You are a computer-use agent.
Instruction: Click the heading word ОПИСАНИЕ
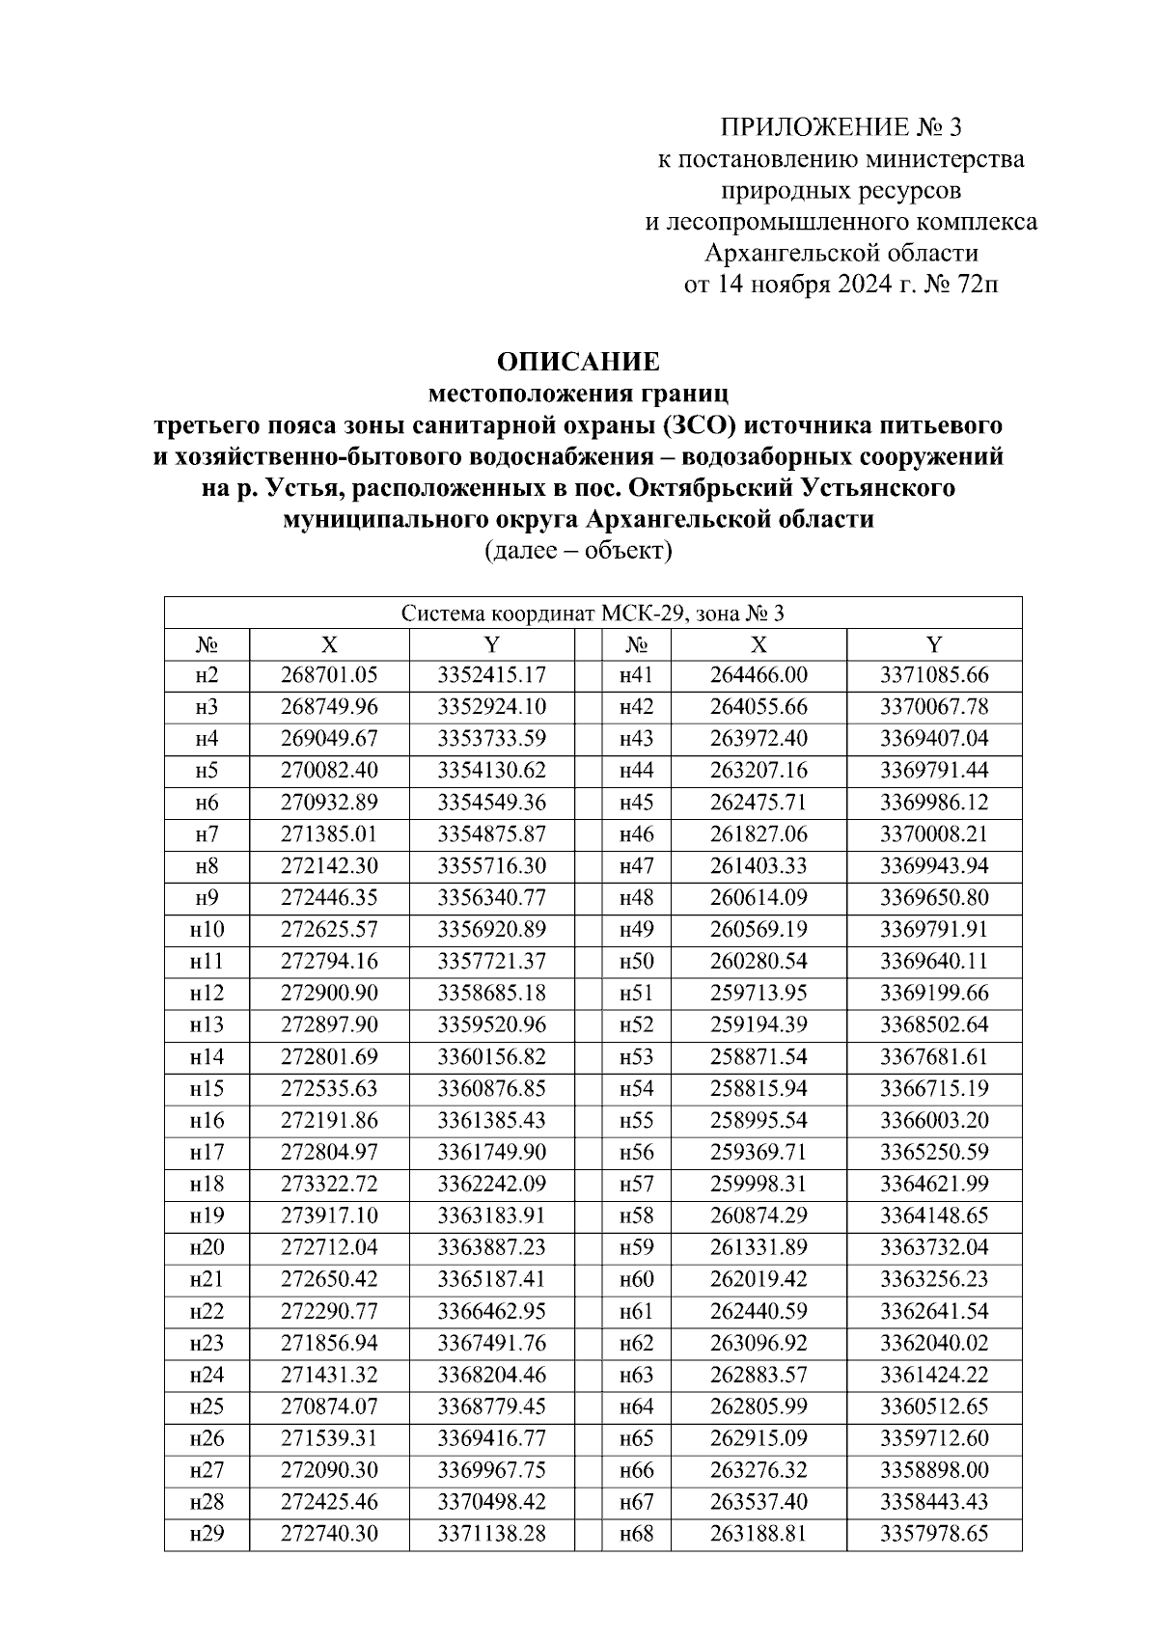(578, 363)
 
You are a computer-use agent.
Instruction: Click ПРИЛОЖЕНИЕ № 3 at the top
(841, 127)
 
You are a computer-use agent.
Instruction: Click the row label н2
(206, 675)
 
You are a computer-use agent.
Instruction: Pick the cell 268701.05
(329, 675)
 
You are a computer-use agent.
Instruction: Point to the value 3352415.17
(491, 675)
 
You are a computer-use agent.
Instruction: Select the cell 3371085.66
(933, 675)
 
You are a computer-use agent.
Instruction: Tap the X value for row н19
(329, 1215)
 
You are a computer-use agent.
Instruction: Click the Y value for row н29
(491, 1534)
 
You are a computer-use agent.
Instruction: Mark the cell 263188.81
(758, 1534)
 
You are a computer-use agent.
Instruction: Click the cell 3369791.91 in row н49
(933, 930)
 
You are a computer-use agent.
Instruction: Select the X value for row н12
(329, 993)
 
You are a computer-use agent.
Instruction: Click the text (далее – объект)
(577, 552)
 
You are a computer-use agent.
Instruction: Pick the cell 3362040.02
(933, 1343)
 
